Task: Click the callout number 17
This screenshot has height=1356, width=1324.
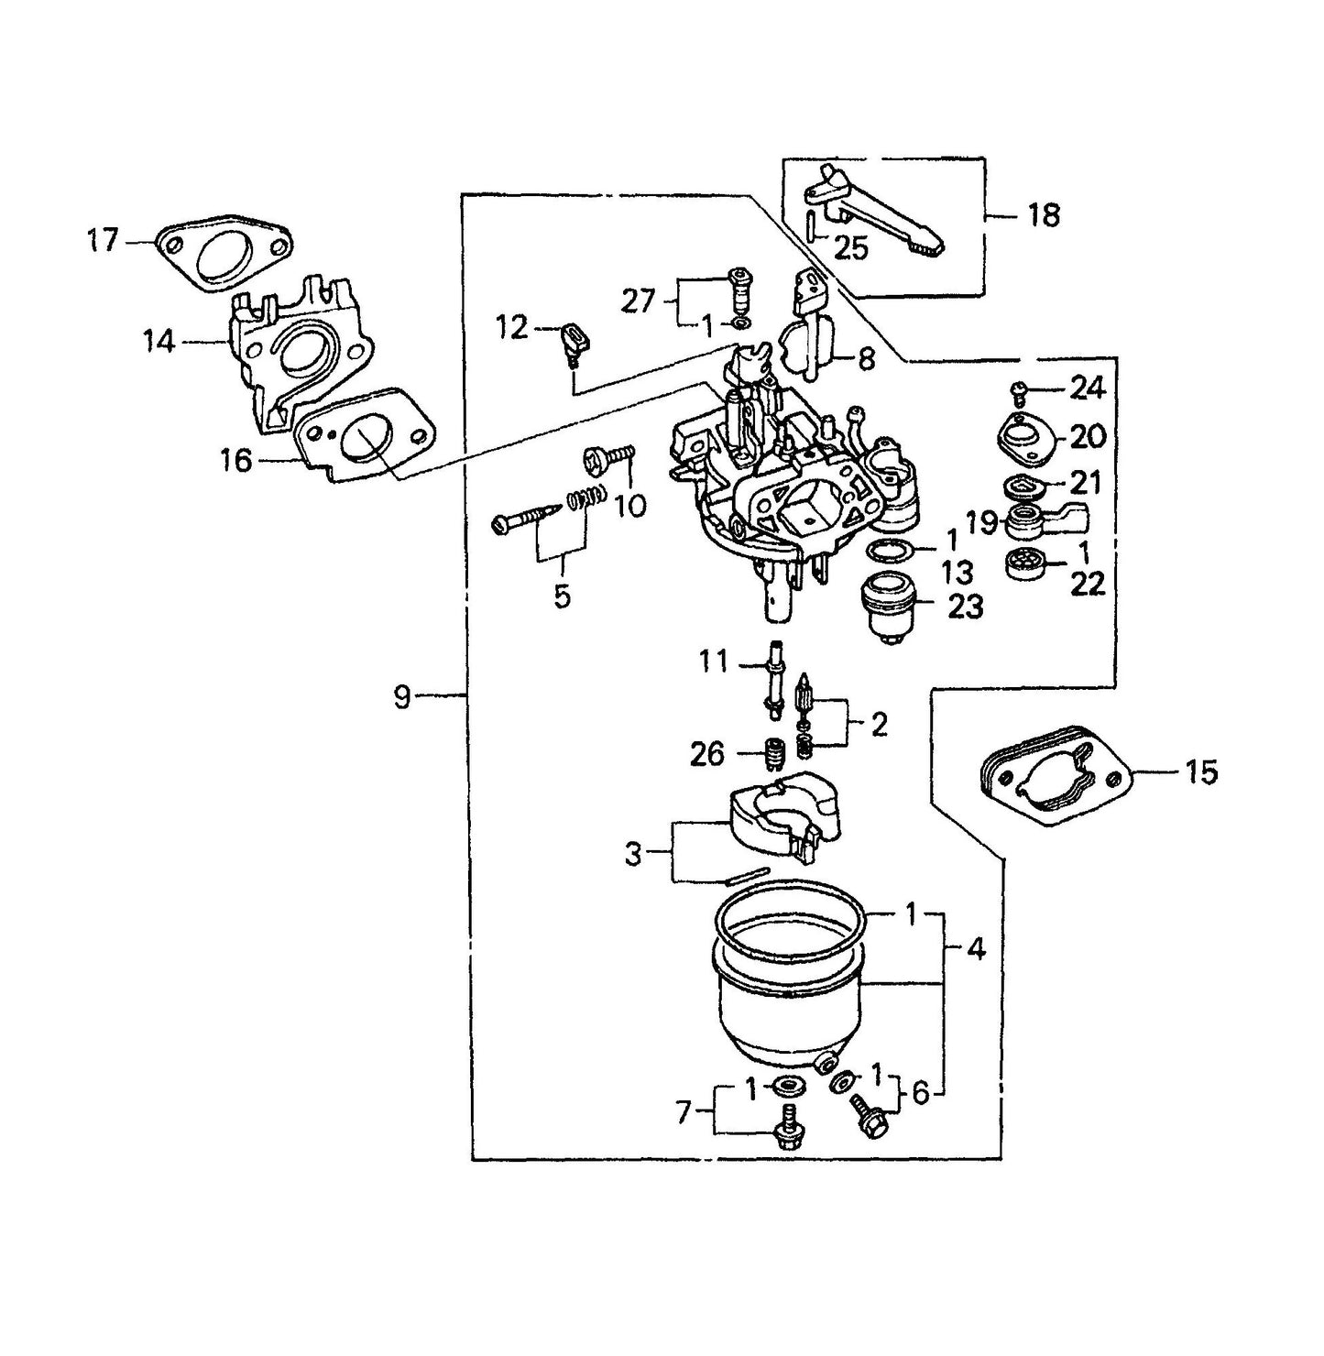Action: tap(103, 241)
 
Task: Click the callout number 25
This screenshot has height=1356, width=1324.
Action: tap(850, 247)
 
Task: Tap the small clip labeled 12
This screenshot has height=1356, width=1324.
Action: tap(574, 341)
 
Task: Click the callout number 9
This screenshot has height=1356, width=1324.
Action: tap(402, 698)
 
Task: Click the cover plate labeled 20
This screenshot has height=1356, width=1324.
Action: tap(1024, 434)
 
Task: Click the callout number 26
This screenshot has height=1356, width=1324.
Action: tap(706, 754)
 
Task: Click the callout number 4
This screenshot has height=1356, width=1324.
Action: tap(977, 949)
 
